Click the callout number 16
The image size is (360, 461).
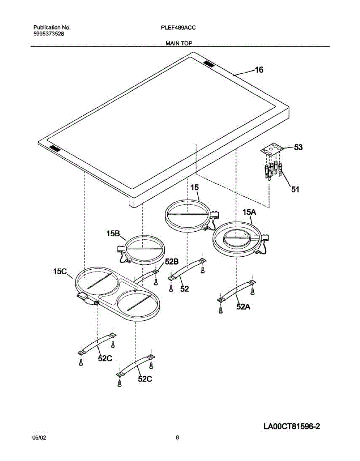pos(259,70)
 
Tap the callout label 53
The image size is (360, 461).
pos(298,147)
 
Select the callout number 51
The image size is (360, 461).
pos(295,189)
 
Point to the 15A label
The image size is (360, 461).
pos(249,212)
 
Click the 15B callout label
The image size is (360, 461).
pos(113,234)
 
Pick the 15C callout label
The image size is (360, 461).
pos(60,271)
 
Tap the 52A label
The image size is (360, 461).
pos(243,306)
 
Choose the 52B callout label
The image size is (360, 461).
pos(172,262)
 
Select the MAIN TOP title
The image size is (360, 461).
pos(179,43)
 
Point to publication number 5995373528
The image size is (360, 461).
pos(49,34)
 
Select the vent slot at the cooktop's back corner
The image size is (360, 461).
pos(209,63)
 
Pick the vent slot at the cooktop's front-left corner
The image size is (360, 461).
pos(54,148)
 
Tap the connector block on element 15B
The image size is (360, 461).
pos(121,249)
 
